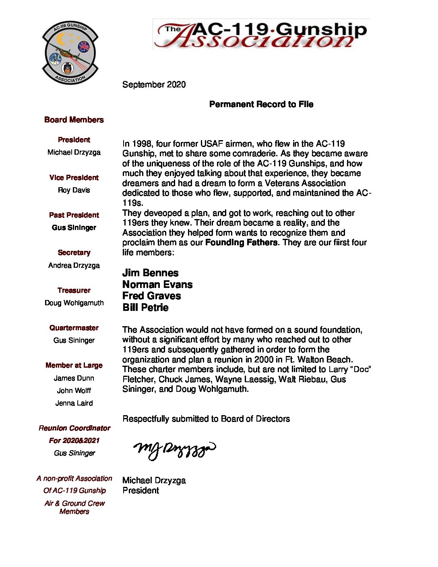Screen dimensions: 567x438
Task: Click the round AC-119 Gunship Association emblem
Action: tap(70, 52)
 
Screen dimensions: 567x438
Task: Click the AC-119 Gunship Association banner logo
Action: tap(261, 35)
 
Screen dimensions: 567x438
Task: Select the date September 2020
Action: tap(154, 85)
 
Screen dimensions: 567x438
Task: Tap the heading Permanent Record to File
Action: tap(261, 104)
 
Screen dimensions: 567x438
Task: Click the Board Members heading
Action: tap(74, 120)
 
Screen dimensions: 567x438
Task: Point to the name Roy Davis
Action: tap(74, 190)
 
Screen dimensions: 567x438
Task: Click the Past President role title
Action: tap(74, 215)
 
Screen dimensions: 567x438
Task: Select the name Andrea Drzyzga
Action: tap(74, 265)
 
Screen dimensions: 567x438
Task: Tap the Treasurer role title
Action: tap(74, 290)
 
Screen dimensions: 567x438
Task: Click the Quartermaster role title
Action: tap(74, 328)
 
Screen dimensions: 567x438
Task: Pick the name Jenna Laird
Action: tap(74, 403)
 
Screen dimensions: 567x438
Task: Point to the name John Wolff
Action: tap(74, 391)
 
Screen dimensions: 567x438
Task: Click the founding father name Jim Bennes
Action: tap(150, 273)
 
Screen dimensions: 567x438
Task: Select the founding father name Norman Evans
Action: tap(157, 285)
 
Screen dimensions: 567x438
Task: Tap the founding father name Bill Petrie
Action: tap(145, 308)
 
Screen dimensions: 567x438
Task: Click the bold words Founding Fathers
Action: tap(241, 242)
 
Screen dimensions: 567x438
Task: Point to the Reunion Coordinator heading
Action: tap(74, 428)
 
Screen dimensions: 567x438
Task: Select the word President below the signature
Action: tap(140, 490)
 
